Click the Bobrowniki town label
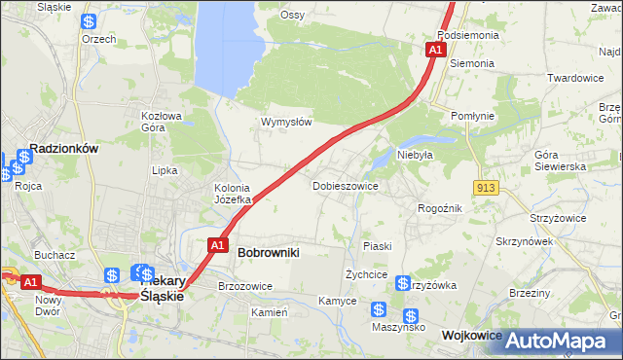[268, 252]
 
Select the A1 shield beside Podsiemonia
[435, 49]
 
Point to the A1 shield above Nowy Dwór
[30, 282]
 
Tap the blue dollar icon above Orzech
[89, 21]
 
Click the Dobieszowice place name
[345, 185]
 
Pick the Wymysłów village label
[286, 123]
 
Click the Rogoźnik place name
[440, 208]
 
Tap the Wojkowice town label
[471, 335]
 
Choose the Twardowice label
[575, 78]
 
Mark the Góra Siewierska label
[560, 161]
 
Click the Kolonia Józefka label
[233, 194]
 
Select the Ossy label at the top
[292, 15]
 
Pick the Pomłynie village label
[473, 116]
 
